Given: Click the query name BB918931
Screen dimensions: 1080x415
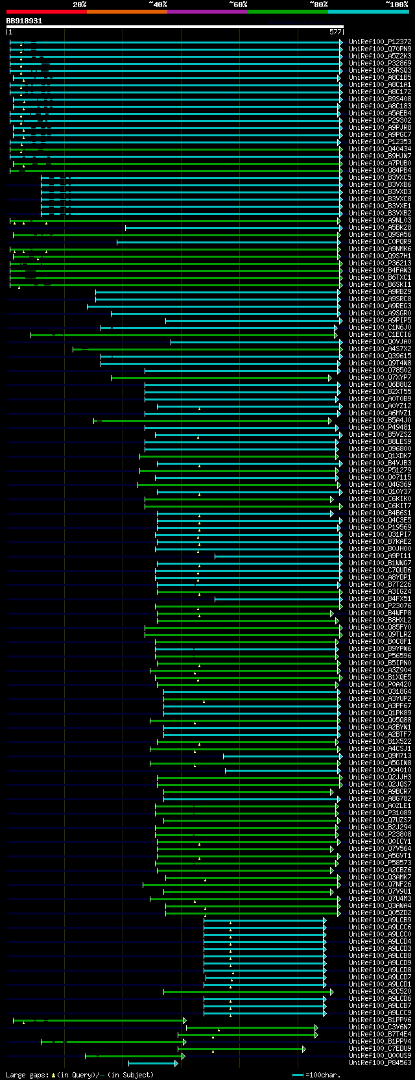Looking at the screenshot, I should coord(25,21).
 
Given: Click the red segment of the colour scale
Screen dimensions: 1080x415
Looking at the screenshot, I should coord(46,11).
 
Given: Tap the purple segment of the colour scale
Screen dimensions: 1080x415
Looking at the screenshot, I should coord(207,11).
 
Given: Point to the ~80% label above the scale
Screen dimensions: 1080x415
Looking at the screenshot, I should coord(318,5).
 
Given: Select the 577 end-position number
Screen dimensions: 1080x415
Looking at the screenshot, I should coord(335,32).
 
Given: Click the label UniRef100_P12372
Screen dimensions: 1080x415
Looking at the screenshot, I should coord(380,42).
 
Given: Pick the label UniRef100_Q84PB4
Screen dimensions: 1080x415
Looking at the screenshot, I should coord(380,171).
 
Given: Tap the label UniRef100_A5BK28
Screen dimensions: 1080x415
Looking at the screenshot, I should coord(380,228).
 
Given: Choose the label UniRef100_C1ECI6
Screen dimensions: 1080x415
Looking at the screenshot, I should coord(380,335).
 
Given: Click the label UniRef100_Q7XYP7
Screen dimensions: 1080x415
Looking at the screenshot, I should coord(380,378).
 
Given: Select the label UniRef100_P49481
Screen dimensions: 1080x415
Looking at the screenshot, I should coord(380,428).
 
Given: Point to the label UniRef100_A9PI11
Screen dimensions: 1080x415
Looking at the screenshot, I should coord(380,556).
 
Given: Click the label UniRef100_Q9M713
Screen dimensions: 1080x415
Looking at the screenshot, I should coord(380,756).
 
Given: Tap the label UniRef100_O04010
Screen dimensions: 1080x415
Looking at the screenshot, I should coord(380,770).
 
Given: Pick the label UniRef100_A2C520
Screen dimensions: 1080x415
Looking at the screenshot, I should coord(380,992).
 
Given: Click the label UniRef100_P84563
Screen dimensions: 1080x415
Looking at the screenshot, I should coord(380,1063).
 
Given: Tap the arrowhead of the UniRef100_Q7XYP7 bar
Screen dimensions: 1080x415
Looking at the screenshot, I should coord(330,378).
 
